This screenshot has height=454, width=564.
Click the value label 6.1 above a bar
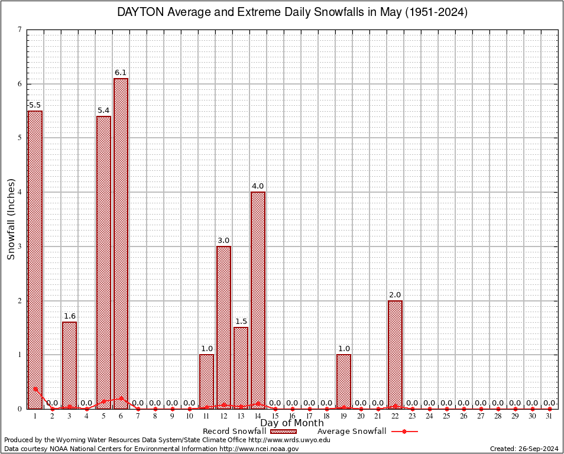(x=121, y=73)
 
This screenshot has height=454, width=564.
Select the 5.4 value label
(x=103, y=111)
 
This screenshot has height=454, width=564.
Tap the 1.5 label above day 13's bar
(x=241, y=322)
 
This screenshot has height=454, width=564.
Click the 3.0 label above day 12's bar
(x=223, y=241)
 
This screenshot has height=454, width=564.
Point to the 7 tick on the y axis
(x=20, y=30)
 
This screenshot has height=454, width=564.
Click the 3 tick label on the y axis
(x=20, y=247)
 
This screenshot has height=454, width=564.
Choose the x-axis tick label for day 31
(x=549, y=416)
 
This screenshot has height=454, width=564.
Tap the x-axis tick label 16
(x=292, y=416)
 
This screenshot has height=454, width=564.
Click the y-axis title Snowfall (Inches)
(x=11, y=219)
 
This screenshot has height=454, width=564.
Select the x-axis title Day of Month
(x=292, y=423)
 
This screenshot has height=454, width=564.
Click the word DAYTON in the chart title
(x=141, y=12)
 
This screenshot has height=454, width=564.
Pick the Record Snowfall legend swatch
(x=283, y=432)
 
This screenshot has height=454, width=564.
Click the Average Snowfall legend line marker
(x=404, y=432)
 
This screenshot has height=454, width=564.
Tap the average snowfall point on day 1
(x=35, y=389)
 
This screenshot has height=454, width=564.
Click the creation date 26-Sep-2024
(x=537, y=449)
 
